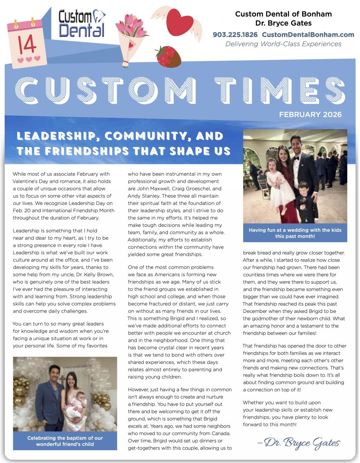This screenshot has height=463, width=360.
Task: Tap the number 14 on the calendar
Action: point(27,45)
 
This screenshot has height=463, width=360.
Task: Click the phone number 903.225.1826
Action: point(235,35)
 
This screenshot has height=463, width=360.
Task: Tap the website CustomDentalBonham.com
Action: point(308,35)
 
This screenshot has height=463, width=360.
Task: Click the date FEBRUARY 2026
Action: point(310,115)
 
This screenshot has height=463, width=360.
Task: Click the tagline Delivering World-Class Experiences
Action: point(283,44)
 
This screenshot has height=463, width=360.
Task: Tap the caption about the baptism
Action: point(65,441)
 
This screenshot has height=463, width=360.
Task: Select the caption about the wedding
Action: point(295,233)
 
